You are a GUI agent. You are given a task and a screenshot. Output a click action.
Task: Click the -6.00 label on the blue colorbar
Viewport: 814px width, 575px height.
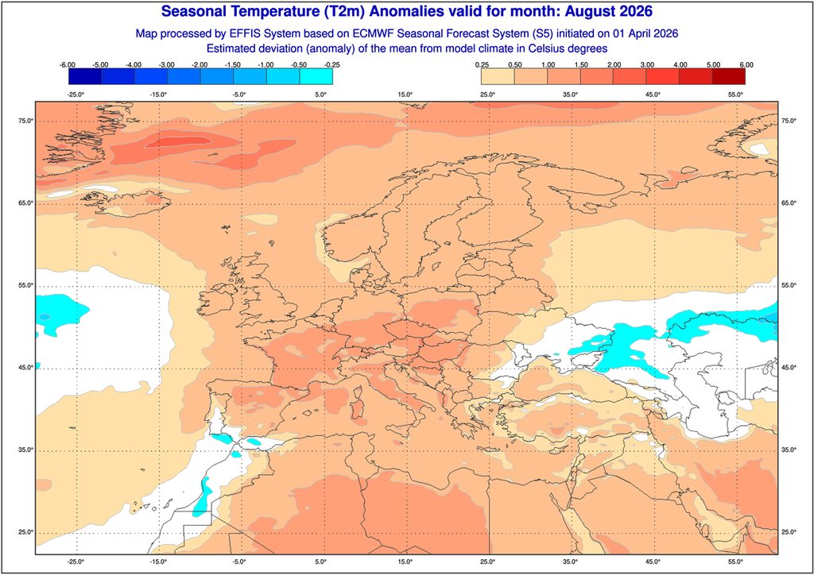[68, 64]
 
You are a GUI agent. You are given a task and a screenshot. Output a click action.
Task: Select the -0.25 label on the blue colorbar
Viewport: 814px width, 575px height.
[332, 64]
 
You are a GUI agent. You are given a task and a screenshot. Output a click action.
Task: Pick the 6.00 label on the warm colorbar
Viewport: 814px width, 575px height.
[746, 64]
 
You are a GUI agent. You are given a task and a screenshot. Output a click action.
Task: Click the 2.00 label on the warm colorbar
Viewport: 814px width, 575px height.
[614, 64]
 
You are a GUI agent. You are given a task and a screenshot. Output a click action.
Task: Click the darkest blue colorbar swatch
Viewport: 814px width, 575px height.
[84, 76]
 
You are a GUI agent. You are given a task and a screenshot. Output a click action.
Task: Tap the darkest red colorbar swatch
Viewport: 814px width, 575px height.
[729, 76]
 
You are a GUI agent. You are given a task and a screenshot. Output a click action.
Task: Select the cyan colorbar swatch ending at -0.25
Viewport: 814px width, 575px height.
[316, 76]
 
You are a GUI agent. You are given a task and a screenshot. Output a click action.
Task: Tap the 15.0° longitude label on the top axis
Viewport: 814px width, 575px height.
[405, 95]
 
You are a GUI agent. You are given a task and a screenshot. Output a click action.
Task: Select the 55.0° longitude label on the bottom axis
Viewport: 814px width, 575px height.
[735, 561]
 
